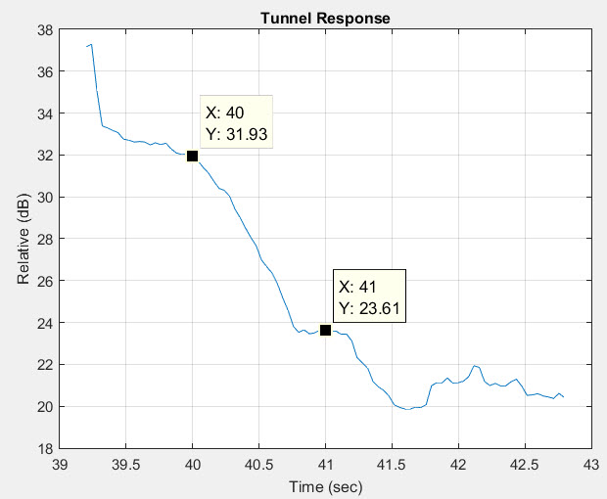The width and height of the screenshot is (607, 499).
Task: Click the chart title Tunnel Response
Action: click(x=324, y=18)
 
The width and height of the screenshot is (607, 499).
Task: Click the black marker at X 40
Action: click(x=192, y=156)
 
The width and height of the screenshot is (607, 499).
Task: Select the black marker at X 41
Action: click(x=325, y=331)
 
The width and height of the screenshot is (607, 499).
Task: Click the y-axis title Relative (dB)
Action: click(x=23, y=239)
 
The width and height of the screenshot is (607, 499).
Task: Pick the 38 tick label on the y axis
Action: click(x=45, y=30)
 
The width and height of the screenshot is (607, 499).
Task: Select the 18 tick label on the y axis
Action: click(x=45, y=448)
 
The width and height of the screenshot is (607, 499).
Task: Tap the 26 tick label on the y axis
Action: click(x=45, y=281)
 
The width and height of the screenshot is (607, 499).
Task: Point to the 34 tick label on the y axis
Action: click(x=45, y=113)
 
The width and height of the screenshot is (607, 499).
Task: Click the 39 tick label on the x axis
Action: click(x=60, y=463)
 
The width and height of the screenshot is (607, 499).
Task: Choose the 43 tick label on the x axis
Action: click(x=590, y=463)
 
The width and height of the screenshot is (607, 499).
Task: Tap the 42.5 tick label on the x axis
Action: click(x=524, y=463)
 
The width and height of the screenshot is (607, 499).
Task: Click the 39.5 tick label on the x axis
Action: click(x=126, y=463)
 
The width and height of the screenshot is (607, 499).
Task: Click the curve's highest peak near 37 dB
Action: click(x=91, y=44)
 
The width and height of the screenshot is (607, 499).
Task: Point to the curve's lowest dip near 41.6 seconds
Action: click(x=408, y=409)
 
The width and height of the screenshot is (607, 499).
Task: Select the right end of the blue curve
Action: click(x=564, y=396)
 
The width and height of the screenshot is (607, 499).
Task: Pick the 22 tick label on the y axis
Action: click(x=45, y=364)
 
